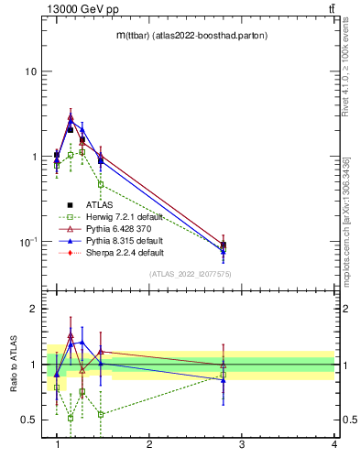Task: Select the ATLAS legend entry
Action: pyautogui.click(x=99, y=205)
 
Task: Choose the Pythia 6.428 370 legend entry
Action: pyautogui.click(x=117, y=229)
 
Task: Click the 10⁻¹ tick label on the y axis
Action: pyautogui.click(x=28, y=242)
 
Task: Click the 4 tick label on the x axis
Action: pyautogui.click(x=334, y=443)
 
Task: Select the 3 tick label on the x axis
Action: pyautogui.click(x=242, y=443)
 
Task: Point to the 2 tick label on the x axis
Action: pyautogui.click(x=149, y=443)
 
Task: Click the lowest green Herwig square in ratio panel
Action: pyautogui.click(x=70, y=418)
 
